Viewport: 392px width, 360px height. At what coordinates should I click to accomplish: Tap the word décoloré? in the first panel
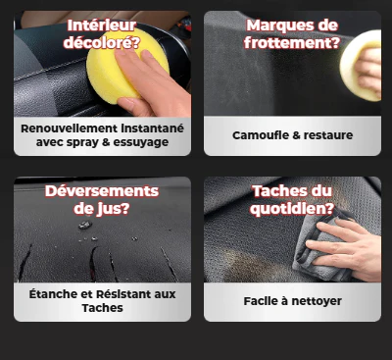(102, 42)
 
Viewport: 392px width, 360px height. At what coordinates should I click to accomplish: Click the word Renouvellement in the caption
(72, 129)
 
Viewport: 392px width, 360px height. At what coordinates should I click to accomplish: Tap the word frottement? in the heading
(293, 42)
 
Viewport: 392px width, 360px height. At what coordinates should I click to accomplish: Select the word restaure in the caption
(327, 135)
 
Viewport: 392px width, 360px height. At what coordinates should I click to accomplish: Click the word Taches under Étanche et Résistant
(103, 308)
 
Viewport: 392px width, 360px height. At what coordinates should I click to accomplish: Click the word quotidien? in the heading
(293, 207)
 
